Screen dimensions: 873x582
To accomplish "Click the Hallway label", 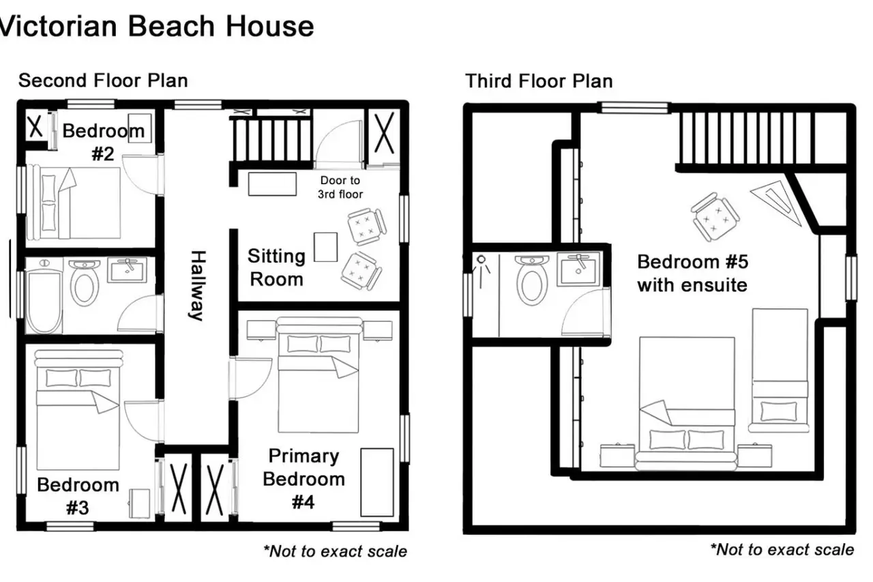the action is pos(198,285).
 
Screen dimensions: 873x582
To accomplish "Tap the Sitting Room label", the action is pos(276,268).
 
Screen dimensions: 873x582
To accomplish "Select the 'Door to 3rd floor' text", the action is pos(340,187).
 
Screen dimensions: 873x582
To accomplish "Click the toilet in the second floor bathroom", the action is pos(84,282).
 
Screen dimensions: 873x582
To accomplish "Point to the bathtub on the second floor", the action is pos(44,296).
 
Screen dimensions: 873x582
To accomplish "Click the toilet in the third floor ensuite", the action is pos(532,280).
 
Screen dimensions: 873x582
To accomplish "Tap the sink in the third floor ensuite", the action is pos(578,269).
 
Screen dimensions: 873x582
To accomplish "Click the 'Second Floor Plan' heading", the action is pos(103,81).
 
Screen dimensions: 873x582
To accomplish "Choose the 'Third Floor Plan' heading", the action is pos(539,81).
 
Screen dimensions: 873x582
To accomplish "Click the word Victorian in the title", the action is pos(59,27).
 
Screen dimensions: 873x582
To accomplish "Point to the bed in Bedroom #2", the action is pos(73,203).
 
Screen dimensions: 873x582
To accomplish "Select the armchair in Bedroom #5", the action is pos(715,217).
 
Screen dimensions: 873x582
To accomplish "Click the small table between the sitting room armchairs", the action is pos(326,247).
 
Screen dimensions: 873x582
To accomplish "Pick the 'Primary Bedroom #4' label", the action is pos(304,479).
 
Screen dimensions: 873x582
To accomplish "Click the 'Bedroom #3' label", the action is pos(78,496).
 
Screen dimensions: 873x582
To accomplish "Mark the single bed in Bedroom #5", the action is pos(780,370).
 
